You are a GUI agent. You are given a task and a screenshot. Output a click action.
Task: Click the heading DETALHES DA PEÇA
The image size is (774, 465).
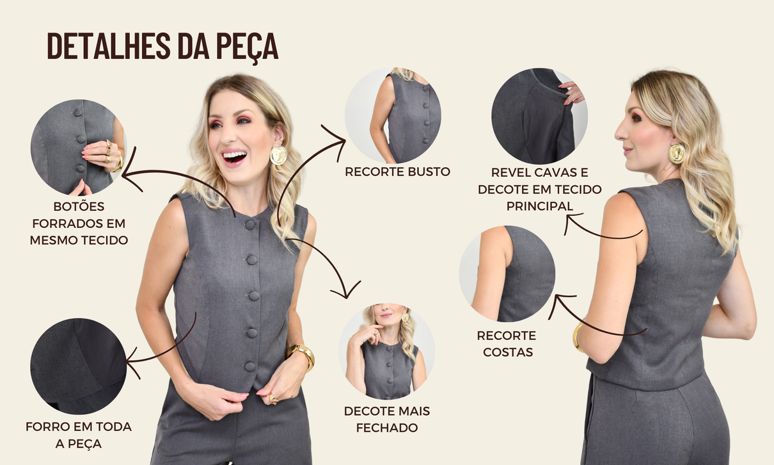point(162,47)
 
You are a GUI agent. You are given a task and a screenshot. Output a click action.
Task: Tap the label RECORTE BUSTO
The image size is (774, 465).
point(397,172)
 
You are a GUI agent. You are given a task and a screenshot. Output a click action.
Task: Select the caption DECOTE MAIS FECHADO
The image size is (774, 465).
point(386,419)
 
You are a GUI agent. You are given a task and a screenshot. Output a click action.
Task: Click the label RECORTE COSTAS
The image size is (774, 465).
point(506,343)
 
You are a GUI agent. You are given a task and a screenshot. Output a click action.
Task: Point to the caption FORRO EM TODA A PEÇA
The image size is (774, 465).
point(79,434)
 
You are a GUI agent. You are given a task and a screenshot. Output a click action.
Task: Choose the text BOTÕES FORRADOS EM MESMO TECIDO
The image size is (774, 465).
point(79,224)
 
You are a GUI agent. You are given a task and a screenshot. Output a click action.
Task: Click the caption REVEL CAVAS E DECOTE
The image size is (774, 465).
point(539,189)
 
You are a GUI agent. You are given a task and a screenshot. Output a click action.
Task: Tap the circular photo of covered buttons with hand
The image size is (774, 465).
point(78,147)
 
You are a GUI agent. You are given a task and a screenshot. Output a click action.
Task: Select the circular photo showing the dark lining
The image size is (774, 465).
point(78,366)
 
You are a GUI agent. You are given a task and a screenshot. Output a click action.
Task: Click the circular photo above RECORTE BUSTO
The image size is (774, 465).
point(393,115)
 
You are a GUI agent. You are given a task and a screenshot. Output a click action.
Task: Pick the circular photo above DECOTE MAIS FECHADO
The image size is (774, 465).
point(386,352)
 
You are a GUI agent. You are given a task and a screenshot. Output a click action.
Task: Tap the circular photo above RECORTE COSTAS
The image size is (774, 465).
point(507,273)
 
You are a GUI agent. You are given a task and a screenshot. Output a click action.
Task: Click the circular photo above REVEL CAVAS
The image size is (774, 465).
point(539,116)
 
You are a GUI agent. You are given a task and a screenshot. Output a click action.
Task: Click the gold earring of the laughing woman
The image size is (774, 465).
point(278,155)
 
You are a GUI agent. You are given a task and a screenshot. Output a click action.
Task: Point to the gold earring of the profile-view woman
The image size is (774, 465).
point(676,153)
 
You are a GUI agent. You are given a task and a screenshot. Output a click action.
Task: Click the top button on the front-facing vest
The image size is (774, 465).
point(250,224)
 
